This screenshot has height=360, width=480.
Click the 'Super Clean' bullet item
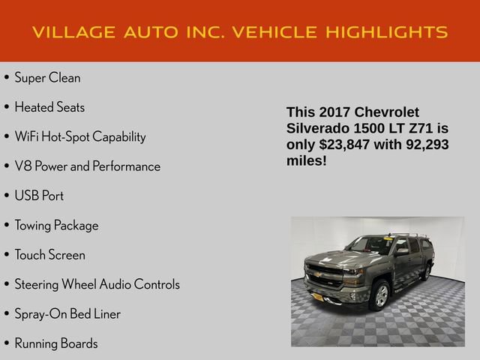pos(47,77)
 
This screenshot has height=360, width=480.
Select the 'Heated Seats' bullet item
pos(49,107)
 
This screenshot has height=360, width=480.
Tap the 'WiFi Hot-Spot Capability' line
pos(79,136)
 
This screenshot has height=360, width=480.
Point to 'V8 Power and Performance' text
pos(87,166)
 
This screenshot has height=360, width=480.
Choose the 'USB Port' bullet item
pos(39,196)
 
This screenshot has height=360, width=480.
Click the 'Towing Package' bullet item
pos(56,225)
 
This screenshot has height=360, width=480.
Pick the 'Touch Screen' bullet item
pos(49,255)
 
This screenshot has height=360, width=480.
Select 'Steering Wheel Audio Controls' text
pos(97,284)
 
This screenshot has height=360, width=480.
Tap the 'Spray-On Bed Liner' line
pos(67,313)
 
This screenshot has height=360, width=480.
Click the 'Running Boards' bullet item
pos(56,343)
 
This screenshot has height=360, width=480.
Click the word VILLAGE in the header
pos(74,31)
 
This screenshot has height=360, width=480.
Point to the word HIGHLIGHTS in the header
pos(387,31)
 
